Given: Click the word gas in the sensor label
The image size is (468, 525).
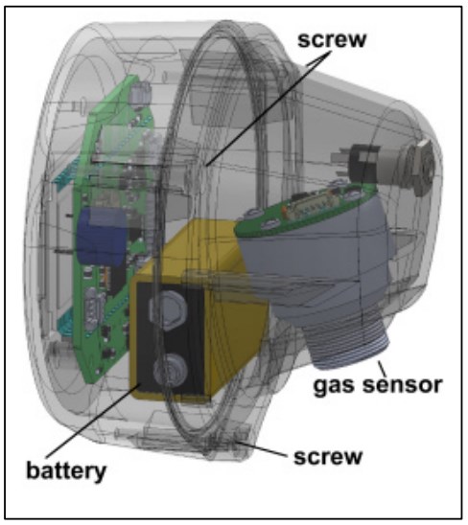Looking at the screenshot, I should tap(332, 386).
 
